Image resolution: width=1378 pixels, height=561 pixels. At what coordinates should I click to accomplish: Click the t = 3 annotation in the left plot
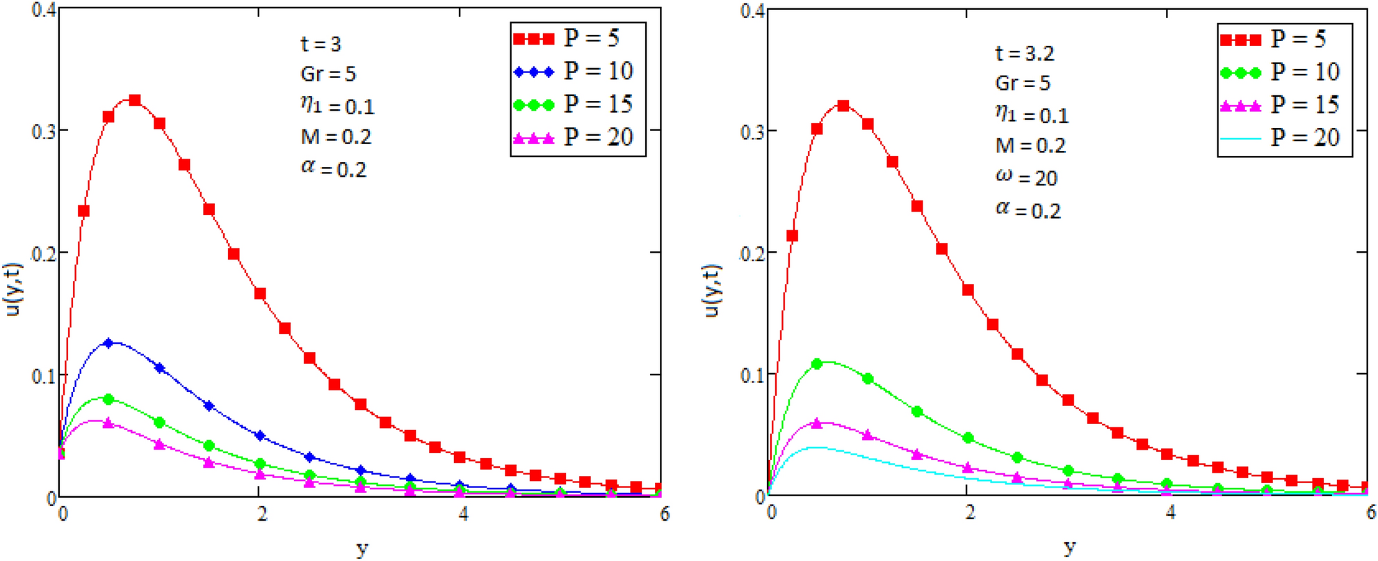(x=321, y=45)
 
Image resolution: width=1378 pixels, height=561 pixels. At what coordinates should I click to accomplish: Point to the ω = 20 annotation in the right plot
(x=1026, y=177)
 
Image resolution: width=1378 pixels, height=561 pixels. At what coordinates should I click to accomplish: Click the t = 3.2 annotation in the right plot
(x=1024, y=54)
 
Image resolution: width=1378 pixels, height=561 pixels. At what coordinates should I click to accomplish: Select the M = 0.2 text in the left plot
(x=336, y=137)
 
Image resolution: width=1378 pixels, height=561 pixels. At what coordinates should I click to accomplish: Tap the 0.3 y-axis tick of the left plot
(x=44, y=132)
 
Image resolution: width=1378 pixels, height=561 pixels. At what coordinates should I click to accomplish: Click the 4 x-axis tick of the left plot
(x=463, y=514)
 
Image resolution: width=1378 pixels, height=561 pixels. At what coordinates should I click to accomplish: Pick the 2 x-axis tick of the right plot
(x=970, y=514)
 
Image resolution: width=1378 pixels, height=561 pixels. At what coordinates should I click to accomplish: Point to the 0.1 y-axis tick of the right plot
(x=752, y=375)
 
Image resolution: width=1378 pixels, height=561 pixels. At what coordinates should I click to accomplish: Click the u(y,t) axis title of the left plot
(x=14, y=290)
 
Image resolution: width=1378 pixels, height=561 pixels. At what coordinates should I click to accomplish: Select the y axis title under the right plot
(x=1069, y=548)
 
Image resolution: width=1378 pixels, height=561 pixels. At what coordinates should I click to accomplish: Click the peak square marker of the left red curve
(x=135, y=100)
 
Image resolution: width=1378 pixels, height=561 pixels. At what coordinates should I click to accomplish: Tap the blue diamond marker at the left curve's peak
(x=108, y=343)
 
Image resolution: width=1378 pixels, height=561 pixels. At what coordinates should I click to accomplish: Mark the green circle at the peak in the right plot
(x=817, y=364)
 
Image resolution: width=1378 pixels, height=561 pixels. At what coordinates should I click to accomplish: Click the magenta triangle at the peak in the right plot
(x=817, y=423)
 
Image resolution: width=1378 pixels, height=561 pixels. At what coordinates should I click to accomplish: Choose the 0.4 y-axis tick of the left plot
(x=44, y=12)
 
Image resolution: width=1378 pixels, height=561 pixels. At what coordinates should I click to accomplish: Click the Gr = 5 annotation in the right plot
(x=1022, y=84)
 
